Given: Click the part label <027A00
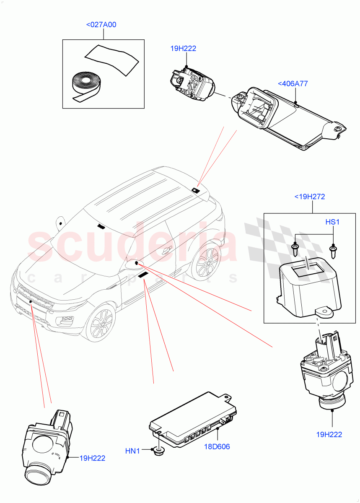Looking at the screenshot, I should tap(101, 25).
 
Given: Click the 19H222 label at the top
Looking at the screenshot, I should tap(183, 49).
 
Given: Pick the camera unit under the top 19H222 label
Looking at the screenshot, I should tap(191, 83).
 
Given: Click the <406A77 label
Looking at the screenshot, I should tap(293, 83).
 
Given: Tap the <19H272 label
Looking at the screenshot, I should tap(309, 196).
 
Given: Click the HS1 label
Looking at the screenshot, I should tap(332, 221).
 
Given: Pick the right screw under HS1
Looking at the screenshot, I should tap(334, 251).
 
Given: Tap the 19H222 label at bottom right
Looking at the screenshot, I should tap(329, 434).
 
